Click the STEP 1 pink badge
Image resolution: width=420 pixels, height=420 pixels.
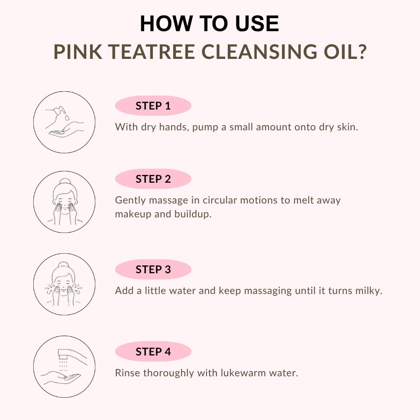153,106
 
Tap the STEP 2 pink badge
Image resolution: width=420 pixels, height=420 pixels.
153,179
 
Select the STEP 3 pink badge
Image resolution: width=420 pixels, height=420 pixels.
153,269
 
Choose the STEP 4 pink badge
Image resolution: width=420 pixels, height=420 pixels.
153,352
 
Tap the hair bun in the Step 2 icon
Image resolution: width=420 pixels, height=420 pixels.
64,182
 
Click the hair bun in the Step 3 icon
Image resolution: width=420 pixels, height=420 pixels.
64,264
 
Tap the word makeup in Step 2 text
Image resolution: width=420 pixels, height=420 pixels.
133,214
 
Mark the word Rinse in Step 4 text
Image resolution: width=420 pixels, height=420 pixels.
127,373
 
